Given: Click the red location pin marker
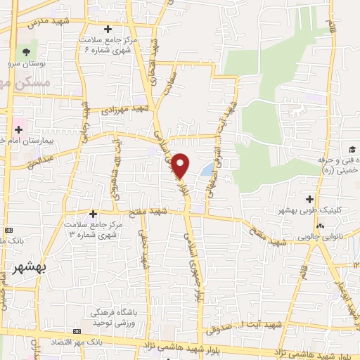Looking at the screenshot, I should pyautogui.click(x=181, y=165).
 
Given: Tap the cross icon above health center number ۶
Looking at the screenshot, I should pyautogui.click(x=108, y=29).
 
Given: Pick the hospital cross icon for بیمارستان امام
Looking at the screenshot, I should pyautogui.click(x=18, y=129).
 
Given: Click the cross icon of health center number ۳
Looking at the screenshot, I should pyautogui.click(x=93, y=213).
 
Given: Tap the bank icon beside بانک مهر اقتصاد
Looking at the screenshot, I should pyautogui.click(x=75, y=330).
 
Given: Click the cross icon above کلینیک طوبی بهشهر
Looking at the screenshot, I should pyautogui.click(x=310, y=200).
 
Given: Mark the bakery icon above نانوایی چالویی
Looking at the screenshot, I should pyautogui.click(x=321, y=225).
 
